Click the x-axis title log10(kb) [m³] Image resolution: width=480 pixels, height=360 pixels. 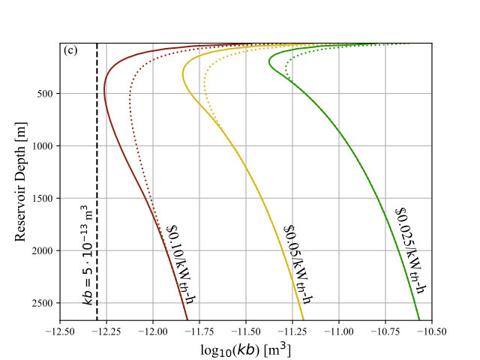(x=246, y=349)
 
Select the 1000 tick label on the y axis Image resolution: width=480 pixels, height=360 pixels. (x=40, y=145)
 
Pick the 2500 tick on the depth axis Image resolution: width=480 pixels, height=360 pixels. (x=40, y=303)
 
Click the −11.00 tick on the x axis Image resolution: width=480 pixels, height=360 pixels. (x=340, y=331)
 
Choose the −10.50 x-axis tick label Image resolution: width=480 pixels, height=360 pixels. (x=433, y=331)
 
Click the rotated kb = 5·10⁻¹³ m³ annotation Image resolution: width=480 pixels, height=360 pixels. (x=88, y=255)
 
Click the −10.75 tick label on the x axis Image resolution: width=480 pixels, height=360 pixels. (x=386, y=331)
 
